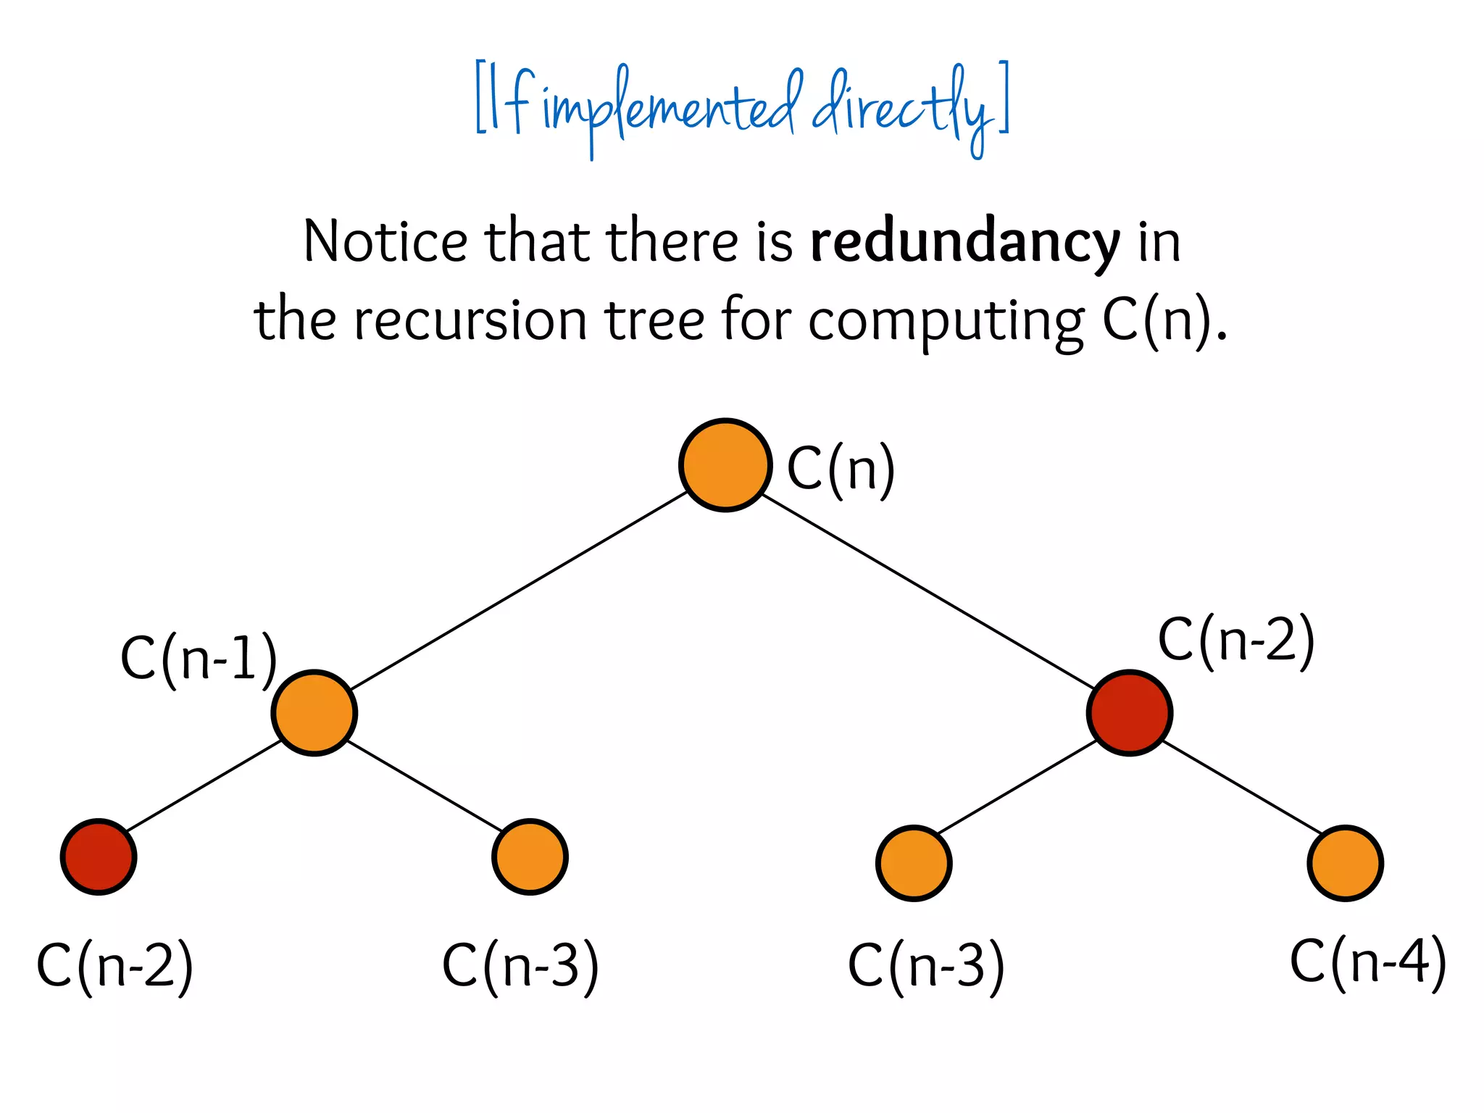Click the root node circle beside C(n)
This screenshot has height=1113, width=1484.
pos(725,465)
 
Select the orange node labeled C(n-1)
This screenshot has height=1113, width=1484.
pos(314,713)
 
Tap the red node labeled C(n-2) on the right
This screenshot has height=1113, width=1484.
pos(1129,713)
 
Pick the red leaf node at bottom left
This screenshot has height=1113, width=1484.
pos(99,857)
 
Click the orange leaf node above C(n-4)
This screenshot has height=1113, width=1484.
pos(1345,863)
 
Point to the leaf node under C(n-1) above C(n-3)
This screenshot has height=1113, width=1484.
pos(530,857)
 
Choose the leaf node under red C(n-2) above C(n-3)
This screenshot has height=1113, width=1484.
pos(914,863)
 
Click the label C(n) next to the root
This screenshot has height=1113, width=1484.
pos(841,470)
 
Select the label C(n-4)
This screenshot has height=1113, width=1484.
pos(1367,962)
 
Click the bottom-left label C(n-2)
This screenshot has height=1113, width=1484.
pos(114,965)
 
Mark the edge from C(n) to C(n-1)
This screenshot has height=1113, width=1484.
pos(519,590)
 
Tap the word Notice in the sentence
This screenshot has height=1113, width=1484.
pos(385,241)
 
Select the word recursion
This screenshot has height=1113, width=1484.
pos(470,320)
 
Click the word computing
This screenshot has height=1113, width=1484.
pos(946,321)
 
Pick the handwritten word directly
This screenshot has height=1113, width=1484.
pos(902,109)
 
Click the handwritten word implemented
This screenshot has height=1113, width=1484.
pos(670,109)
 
